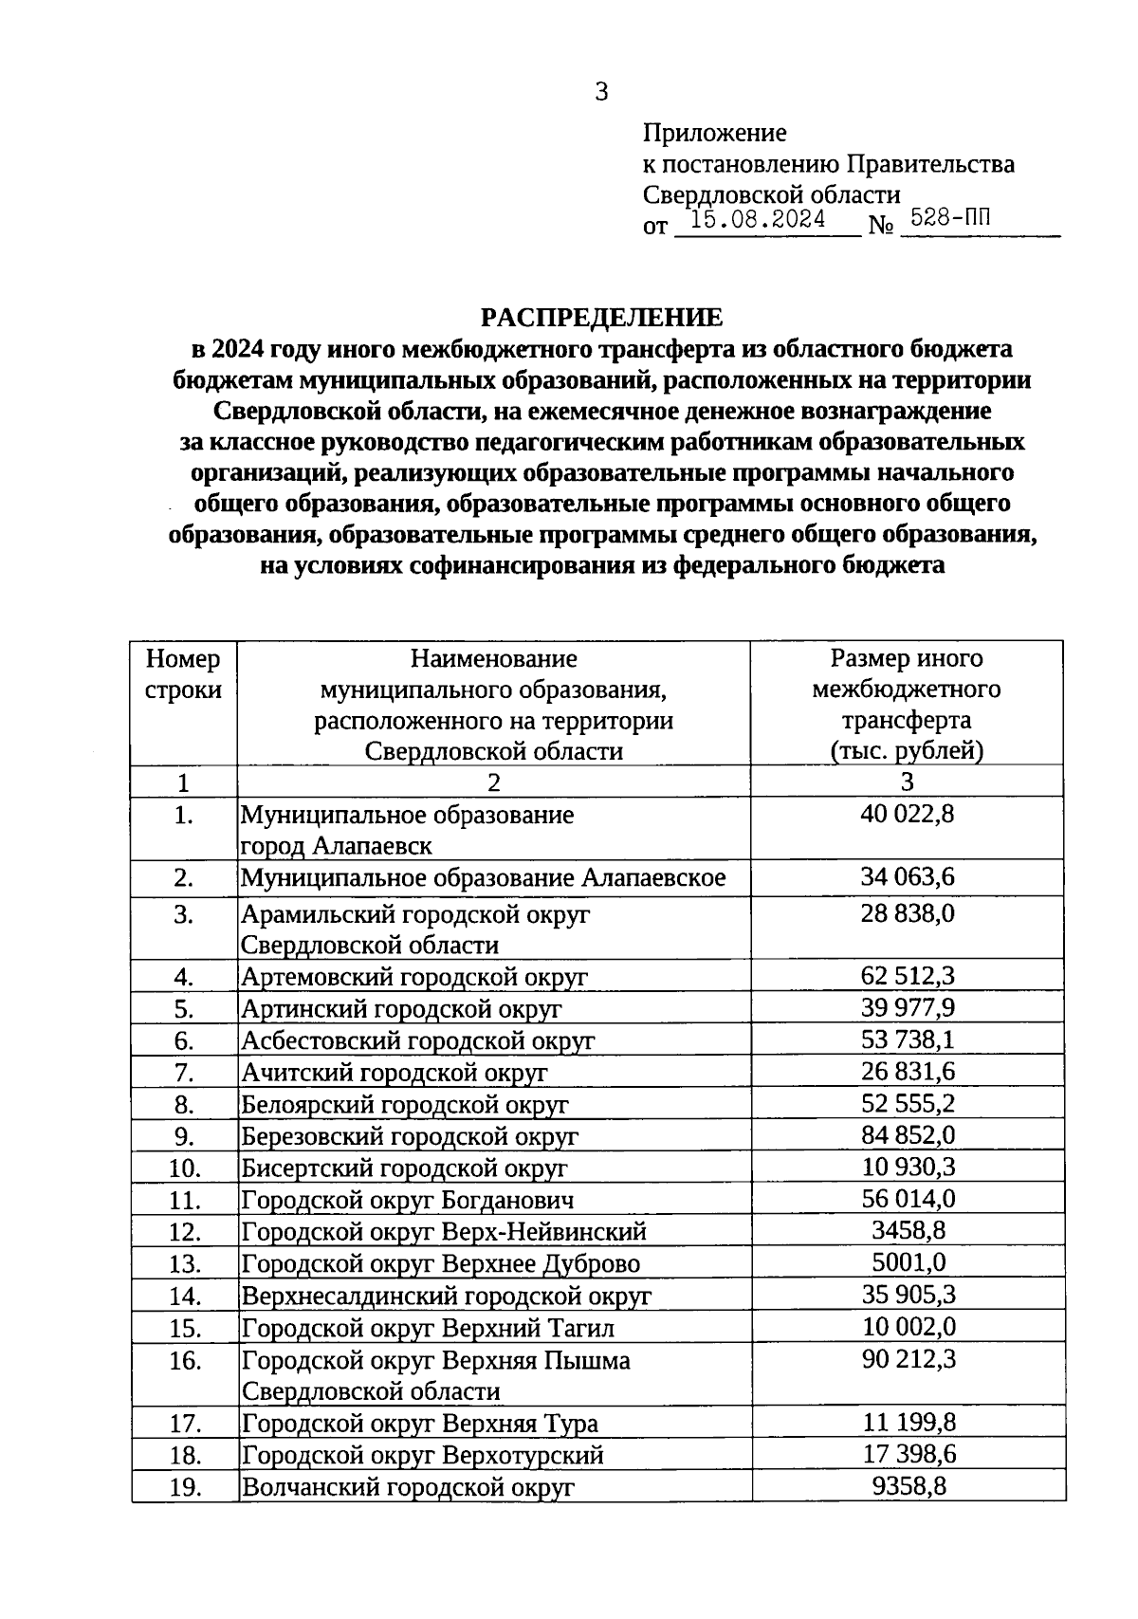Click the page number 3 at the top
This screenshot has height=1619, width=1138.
600,92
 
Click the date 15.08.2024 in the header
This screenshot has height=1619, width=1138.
758,220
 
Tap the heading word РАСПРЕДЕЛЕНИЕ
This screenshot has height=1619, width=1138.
600,318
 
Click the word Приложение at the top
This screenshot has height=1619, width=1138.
714,133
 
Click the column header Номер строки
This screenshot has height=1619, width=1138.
183,673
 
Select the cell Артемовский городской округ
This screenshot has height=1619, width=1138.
414,977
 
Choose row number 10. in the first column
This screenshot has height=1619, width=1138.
184,1168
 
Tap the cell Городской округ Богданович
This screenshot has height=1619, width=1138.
408,1200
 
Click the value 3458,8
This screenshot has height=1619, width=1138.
908,1231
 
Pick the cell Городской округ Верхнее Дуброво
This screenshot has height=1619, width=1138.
441,1263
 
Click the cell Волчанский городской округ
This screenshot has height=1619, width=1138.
408,1487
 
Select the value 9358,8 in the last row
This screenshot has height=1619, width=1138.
908,1486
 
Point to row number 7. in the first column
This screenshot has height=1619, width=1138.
184,1073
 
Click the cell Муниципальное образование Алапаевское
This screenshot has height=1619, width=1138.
483,877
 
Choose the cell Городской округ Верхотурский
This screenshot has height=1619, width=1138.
423,1455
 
